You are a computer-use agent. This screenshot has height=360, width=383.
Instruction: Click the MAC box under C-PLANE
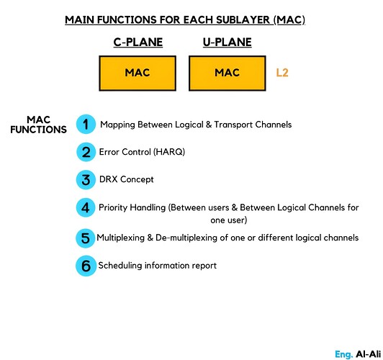(x=138, y=73)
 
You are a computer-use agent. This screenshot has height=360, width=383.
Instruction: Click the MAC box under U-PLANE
(x=227, y=73)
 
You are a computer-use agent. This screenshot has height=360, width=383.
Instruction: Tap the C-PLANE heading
(x=138, y=42)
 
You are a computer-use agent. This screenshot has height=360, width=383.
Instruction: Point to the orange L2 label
(x=283, y=73)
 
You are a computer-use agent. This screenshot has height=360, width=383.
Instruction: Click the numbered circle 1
(x=86, y=124)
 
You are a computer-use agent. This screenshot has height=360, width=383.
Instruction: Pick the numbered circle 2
(x=86, y=152)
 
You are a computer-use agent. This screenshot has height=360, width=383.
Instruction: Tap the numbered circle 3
(x=86, y=179)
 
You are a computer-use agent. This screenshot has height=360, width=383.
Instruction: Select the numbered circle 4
(x=86, y=208)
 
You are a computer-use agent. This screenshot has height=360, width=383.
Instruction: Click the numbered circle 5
(x=86, y=237)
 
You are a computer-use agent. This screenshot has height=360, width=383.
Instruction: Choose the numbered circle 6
(x=86, y=266)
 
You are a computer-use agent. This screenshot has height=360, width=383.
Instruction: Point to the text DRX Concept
(x=127, y=179)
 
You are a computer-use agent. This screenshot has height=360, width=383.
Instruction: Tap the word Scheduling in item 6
(x=121, y=266)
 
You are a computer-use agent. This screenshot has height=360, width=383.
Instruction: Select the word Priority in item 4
(x=114, y=208)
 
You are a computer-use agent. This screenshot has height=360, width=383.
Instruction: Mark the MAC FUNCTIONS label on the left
(x=39, y=125)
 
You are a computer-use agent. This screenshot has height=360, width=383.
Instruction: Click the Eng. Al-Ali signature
(x=356, y=354)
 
